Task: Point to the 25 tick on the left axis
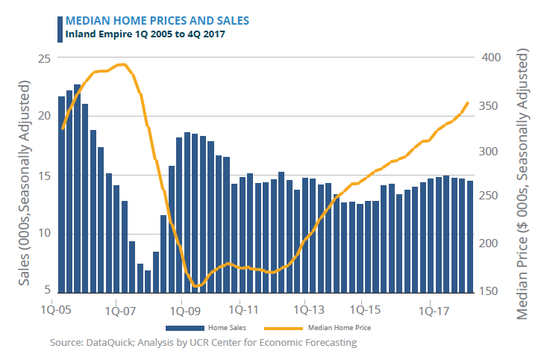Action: [x=44, y=58]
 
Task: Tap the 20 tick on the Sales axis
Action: [x=44, y=116]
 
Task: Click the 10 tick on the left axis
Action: [x=44, y=233]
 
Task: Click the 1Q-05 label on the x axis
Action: [x=57, y=307]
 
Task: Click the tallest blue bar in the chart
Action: [x=78, y=188]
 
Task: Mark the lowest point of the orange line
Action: [x=196, y=286]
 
